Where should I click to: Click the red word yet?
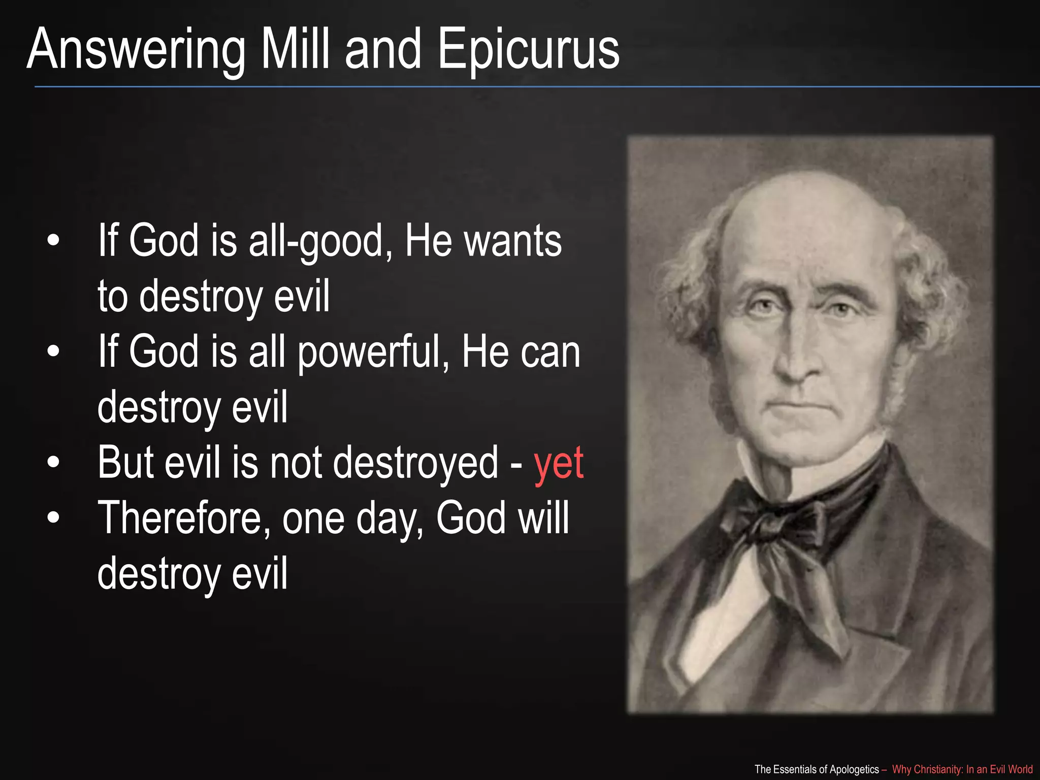(x=559, y=463)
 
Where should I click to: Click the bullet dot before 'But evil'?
(x=53, y=463)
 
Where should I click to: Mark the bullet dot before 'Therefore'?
(x=53, y=518)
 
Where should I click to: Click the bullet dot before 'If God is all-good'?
(x=53, y=241)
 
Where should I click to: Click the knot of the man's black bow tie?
(x=777, y=523)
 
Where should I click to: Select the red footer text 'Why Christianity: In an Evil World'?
(x=962, y=769)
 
